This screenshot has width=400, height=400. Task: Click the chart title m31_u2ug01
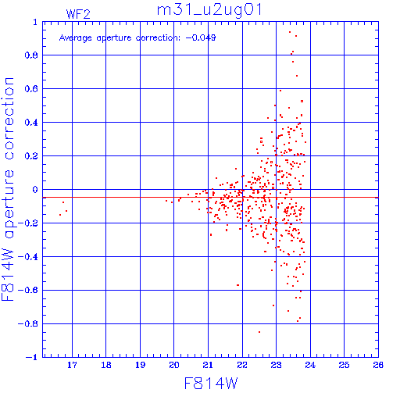pos(209,10)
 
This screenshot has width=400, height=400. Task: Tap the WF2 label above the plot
pos(78,14)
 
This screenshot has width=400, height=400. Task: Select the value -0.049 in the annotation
pos(201,37)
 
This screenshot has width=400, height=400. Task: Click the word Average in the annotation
pos(75,38)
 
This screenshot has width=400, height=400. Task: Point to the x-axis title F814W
pos(211,384)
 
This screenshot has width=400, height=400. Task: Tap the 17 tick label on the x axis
pos(72,365)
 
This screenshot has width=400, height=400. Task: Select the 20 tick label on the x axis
pos(174,365)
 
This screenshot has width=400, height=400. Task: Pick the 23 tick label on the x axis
pos(276,365)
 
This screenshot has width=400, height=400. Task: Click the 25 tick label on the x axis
pos(344,365)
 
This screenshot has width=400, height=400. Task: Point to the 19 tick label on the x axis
pos(140,365)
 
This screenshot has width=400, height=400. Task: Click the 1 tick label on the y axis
pos(35,22)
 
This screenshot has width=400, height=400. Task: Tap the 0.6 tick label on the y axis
pos(31,89)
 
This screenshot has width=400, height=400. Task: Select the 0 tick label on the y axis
pos(35,189)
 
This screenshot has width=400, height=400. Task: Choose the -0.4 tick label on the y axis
pos(28,257)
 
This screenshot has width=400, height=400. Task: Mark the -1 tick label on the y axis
pos(32,357)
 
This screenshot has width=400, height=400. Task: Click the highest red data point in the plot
pos(290,32)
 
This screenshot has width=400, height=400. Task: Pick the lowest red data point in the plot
pos(259,332)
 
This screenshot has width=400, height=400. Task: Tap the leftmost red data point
pos(60,215)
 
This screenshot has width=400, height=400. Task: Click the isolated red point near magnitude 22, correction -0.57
pos(237,285)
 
